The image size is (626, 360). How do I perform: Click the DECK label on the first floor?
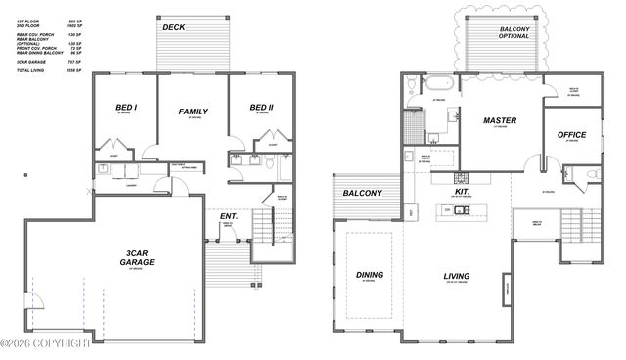click(x=174, y=27)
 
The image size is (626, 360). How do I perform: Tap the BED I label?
click(x=126, y=108)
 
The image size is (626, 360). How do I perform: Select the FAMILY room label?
click(x=194, y=112)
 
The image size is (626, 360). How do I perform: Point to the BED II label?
click(x=260, y=108)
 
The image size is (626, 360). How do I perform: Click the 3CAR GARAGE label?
click(x=137, y=258)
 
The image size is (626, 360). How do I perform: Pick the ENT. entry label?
click(x=229, y=215)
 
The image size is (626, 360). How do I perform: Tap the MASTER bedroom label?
click(x=500, y=121)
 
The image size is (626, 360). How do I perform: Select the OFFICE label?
click(x=571, y=134)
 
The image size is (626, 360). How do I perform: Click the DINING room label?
click(x=370, y=275)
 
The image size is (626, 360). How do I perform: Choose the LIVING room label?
click(x=457, y=276)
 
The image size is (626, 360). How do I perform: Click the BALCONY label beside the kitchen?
click(x=362, y=194)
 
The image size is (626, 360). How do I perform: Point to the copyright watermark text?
click(x=46, y=343)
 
